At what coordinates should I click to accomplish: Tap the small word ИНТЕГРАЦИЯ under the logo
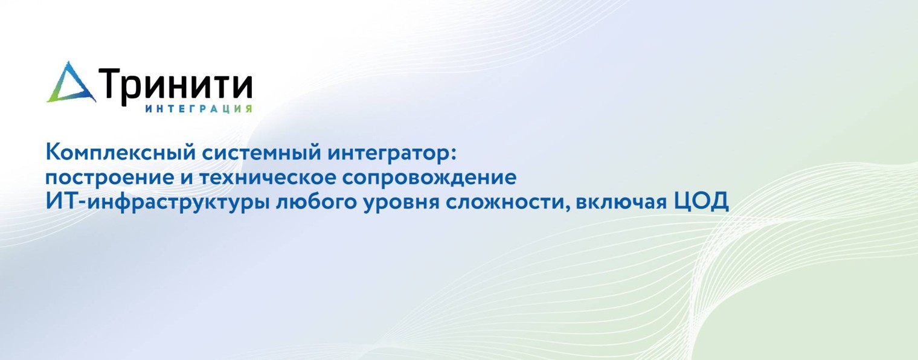pyautogui.click(x=199, y=109)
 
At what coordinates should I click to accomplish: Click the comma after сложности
pyautogui.click(x=567, y=208)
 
